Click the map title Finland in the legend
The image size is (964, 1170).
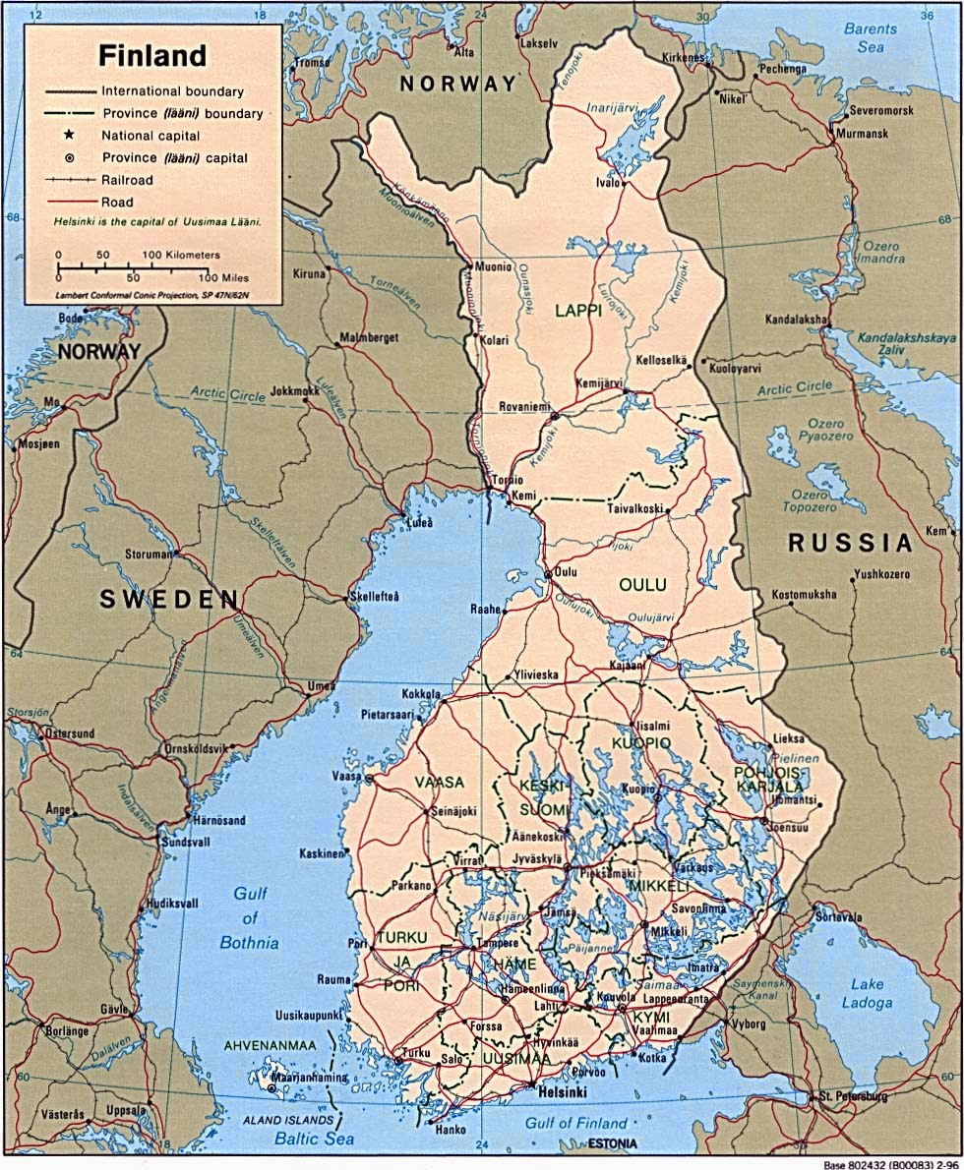(151, 54)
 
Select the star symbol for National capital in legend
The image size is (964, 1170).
(70, 135)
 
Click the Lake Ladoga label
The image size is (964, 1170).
(868, 994)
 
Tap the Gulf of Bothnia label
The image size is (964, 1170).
(250, 918)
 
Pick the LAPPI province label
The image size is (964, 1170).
(576, 310)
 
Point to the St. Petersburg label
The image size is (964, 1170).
(854, 1095)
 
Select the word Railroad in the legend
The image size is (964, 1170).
(127, 180)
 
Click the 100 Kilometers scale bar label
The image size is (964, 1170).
(181, 255)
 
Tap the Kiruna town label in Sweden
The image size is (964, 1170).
(308, 273)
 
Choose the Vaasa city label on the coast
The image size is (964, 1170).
(347, 776)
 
